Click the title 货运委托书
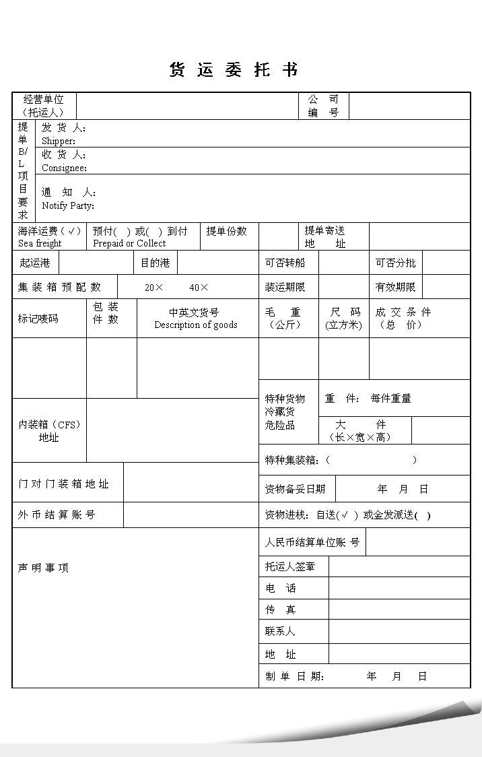233,70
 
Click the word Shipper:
59,141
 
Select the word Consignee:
64,168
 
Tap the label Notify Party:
68,206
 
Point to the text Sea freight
40,244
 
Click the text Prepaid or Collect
129,244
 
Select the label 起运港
35,263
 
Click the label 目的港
155,263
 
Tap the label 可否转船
285,263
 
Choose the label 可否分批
395,263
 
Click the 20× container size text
153,288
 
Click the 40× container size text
199,288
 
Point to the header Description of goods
196,325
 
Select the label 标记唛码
38,319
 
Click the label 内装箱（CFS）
49,425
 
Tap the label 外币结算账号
57,515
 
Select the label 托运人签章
290,567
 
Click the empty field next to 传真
399,610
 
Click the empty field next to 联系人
399,632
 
